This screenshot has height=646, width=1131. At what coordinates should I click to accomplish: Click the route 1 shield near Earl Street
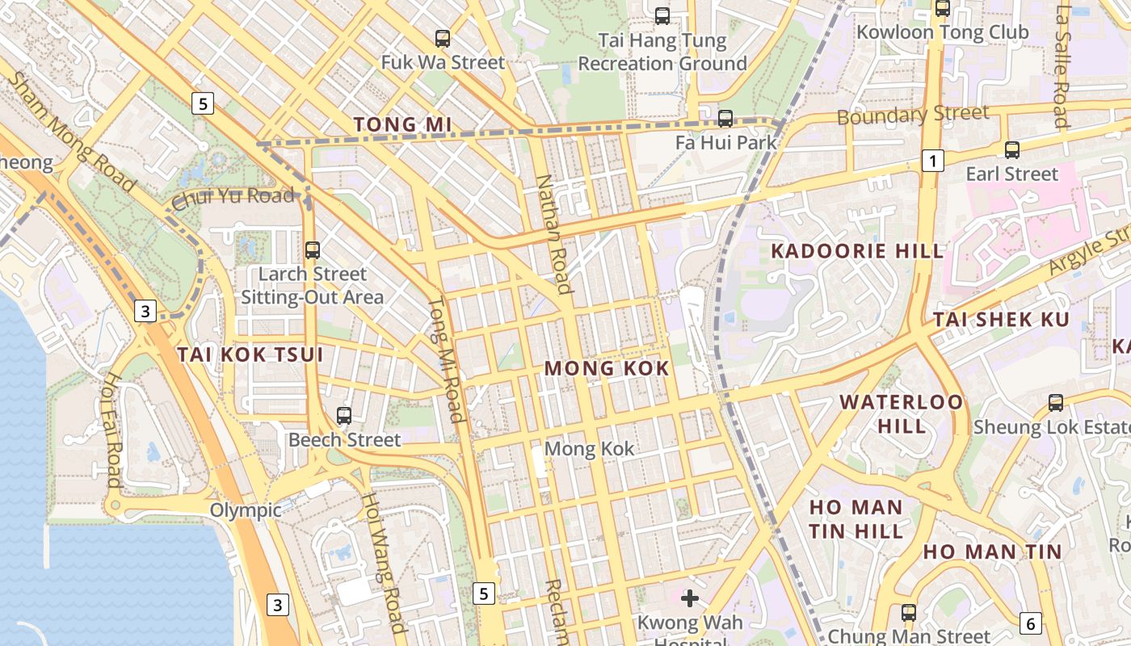pos(933,161)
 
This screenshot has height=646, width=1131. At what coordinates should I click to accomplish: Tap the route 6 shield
pos(1030,623)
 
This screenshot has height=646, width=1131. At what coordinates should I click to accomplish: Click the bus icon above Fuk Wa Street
pos(442,38)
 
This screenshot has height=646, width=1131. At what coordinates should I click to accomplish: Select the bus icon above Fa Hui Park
pos(725,119)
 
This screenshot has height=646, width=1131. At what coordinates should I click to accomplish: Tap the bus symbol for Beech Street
pos(344,416)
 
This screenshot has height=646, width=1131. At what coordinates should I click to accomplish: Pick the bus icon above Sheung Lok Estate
pos(1055,402)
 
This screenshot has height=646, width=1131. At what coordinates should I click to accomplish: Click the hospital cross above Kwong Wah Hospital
pos(689,598)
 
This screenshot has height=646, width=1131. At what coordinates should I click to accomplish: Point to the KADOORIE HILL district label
pos(857,251)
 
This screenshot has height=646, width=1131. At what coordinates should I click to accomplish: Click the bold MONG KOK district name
pos(607,369)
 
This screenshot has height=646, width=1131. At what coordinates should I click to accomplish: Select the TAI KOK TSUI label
pos(250,354)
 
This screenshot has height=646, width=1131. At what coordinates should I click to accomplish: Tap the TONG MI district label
pos(402,124)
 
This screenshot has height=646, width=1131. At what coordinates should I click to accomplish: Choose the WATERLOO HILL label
pos(902,413)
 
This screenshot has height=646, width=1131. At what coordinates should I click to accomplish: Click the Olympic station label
pos(246,510)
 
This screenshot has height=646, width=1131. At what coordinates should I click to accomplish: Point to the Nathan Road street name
pos(554,234)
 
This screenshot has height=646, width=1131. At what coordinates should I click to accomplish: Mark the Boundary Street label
pos(913,115)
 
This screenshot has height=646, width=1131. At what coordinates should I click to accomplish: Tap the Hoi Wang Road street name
pos(383,563)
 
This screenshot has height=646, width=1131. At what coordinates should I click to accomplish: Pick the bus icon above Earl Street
pos(1011,149)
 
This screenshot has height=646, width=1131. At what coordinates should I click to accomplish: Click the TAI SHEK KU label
pos(1001,319)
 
